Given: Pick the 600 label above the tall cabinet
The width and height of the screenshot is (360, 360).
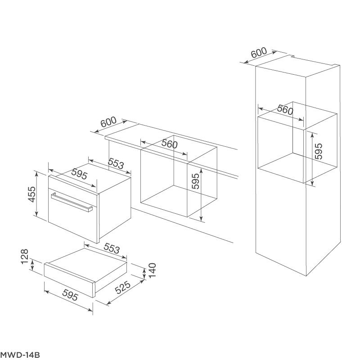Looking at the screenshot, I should tap(258, 53).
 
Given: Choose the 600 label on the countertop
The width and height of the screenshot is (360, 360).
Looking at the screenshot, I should tap(108, 121).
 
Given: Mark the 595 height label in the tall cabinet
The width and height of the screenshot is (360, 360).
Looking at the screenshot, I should tap(318, 152).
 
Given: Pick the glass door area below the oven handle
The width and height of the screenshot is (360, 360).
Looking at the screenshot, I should tap(72, 220).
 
